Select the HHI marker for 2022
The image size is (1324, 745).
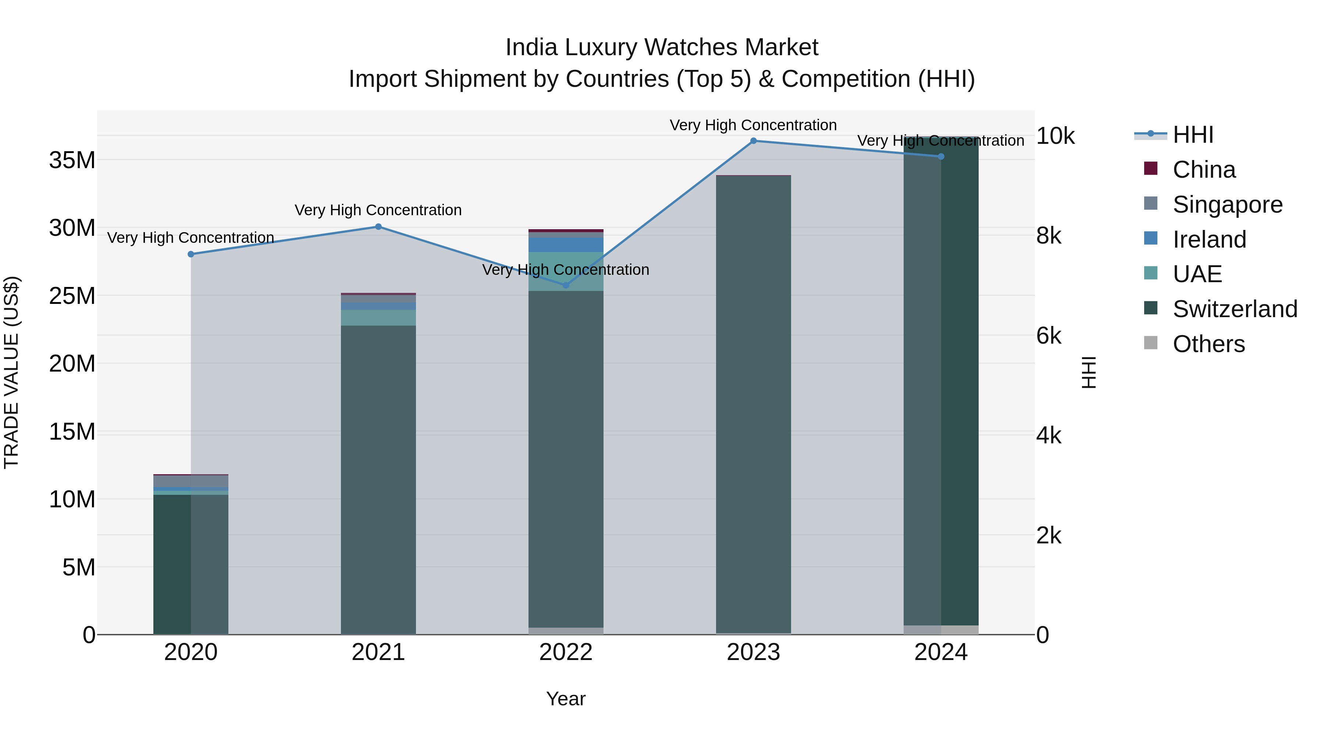coord(566,285)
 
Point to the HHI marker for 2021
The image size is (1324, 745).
coord(378,227)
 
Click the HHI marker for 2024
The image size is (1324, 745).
coord(941,156)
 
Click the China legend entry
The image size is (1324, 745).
coord(1204,170)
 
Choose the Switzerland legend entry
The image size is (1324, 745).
coord(1235,309)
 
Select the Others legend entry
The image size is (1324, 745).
coord(1209,344)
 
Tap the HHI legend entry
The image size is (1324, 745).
coord(1192,135)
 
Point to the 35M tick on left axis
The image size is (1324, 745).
coord(72,160)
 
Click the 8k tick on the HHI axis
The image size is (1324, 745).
coord(1049,236)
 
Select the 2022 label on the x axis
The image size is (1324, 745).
coord(566,652)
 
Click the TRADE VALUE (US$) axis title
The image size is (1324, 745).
coord(11,372)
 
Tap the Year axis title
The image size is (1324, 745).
coord(566,699)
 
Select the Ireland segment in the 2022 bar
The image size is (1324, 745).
coord(566,245)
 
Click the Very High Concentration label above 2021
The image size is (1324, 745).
coord(378,210)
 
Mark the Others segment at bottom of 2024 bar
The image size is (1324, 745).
coord(941,630)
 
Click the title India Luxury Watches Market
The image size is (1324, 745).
coord(662,47)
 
